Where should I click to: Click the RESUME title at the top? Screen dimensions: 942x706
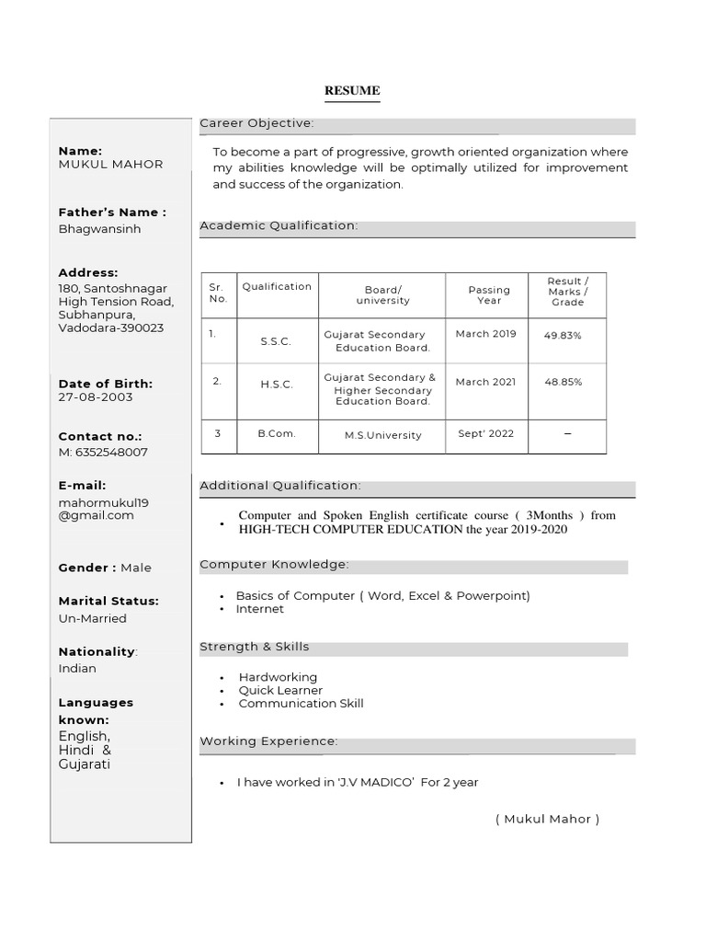tap(352, 91)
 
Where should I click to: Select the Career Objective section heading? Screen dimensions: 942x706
tap(256, 123)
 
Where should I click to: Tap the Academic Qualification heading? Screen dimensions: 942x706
tap(279, 225)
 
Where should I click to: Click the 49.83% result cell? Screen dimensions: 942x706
tap(563, 336)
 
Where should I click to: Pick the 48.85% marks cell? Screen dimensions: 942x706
tap(563, 382)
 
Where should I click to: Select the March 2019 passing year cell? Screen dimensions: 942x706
tap(485, 334)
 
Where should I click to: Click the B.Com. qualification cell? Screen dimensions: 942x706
tap(276, 433)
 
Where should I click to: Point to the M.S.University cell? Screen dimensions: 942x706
tap(382, 435)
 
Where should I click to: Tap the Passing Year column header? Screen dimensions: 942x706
tap(489, 294)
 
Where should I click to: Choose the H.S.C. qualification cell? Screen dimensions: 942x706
tap(276, 385)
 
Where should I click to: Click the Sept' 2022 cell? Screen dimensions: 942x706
tap(485, 433)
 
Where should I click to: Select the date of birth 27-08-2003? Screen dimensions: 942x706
tap(96, 397)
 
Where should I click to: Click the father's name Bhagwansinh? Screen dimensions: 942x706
tap(99, 229)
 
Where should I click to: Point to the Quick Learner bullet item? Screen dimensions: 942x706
tap(280, 690)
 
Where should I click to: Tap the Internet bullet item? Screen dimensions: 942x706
tap(259, 609)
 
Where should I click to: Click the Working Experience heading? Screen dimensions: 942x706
tap(268, 741)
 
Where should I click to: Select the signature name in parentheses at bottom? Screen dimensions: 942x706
tap(546, 819)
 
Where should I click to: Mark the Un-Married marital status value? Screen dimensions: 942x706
tap(92, 618)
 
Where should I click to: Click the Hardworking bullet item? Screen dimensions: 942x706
tap(278, 677)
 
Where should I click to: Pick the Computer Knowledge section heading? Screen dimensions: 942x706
tap(274, 564)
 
